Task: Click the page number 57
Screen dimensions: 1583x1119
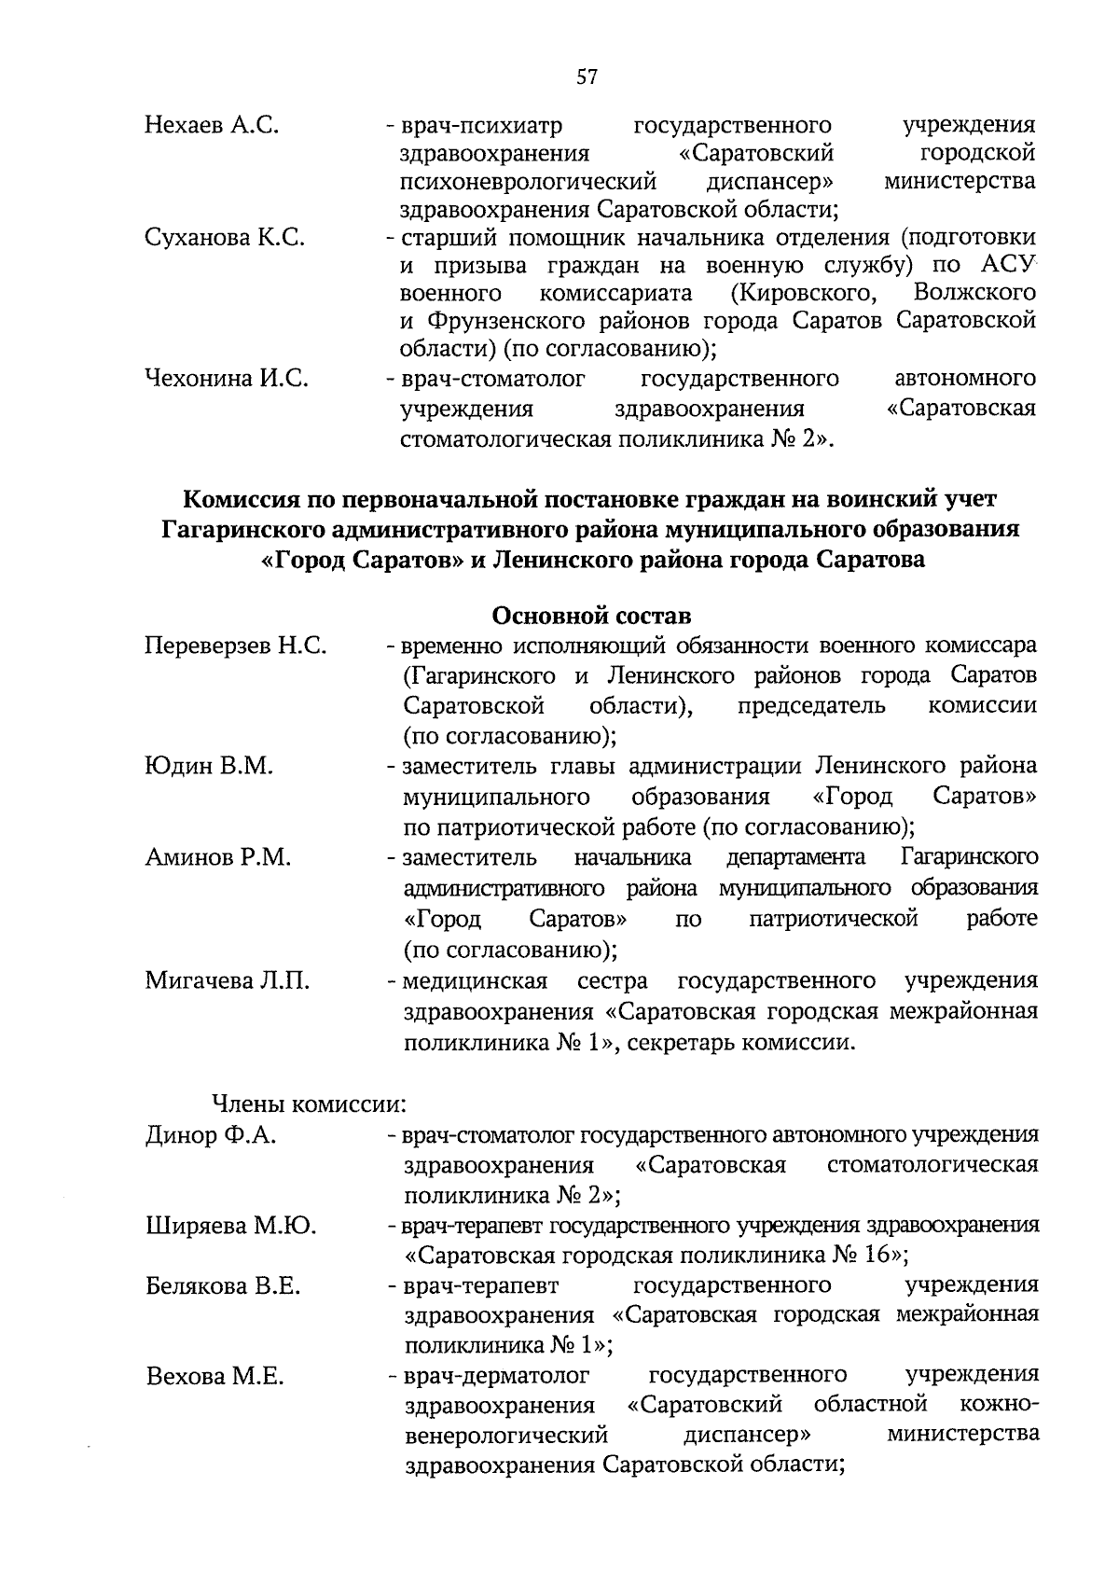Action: pyautogui.click(x=587, y=77)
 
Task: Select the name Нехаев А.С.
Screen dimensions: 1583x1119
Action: pyautogui.click(x=212, y=125)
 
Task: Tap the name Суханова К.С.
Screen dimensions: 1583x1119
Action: pyautogui.click(x=225, y=238)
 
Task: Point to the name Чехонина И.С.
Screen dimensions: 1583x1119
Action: pyautogui.click(x=227, y=379)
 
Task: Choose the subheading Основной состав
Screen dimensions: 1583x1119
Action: pyautogui.click(x=591, y=617)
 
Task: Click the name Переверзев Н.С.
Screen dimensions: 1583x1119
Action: pyautogui.click(x=235, y=646)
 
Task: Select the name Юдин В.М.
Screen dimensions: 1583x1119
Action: pyautogui.click(x=209, y=767)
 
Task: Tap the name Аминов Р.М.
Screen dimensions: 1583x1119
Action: pyautogui.click(x=218, y=857)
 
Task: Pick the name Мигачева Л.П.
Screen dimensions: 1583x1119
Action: pyautogui.click(x=228, y=981)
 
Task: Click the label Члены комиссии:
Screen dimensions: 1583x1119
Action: pyautogui.click(x=310, y=1104)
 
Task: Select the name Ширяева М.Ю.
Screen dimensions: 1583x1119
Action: pyautogui.click(x=231, y=1226)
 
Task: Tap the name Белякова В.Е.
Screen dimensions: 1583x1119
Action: pyautogui.click(x=223, y=1287)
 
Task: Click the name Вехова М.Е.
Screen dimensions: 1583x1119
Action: pyautogui.click(x=214, y=1377)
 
